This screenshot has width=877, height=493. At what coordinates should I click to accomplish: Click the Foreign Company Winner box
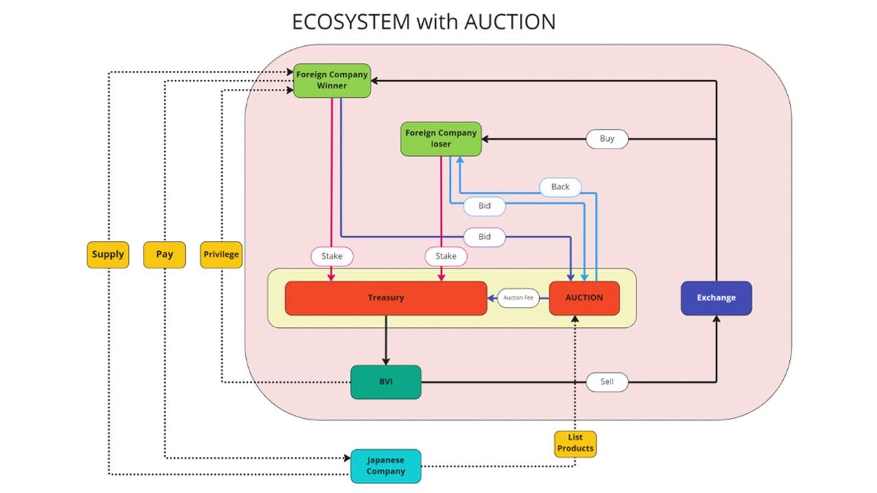332,80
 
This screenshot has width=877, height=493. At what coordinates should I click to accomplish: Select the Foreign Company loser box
441,139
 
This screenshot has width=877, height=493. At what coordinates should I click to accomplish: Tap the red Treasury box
386,298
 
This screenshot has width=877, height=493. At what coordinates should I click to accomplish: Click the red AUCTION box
584,298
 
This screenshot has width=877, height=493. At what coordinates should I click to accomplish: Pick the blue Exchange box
716,298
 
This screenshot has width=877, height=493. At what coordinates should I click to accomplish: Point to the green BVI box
386,382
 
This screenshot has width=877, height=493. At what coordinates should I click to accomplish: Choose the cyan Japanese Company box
386,466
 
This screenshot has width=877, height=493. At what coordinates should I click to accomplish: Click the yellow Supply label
108,254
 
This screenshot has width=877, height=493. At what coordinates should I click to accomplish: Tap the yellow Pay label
164,254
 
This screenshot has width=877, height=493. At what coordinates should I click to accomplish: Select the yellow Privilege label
221,254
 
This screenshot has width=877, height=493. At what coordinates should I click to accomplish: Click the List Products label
575,443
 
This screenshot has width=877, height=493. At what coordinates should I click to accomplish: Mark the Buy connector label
607,138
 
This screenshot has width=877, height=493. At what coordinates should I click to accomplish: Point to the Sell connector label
607,381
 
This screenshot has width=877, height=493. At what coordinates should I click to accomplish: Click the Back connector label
560,187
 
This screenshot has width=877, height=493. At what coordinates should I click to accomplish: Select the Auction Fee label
518,298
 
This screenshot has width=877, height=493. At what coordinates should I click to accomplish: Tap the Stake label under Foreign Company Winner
332,256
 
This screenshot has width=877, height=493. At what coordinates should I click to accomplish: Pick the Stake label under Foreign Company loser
446,256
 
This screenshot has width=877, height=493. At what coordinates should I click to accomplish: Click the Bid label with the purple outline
484,237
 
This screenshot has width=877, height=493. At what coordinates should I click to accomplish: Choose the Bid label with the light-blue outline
484,205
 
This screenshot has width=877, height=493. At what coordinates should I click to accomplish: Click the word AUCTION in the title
510,22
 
